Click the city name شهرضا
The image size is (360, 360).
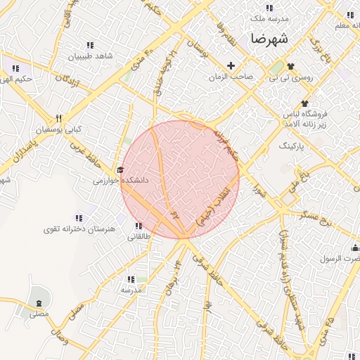tap(268, 39)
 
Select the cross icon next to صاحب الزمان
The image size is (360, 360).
tap(231, 65)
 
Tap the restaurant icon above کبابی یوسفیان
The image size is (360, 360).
tap(59, 118)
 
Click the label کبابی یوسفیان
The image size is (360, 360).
tap(59, 129)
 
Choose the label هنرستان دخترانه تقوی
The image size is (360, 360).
tap(70, 229)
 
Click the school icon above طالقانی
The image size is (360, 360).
tap(138, 226)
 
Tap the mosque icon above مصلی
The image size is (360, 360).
tap(37, 303)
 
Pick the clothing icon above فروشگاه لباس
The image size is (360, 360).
tap(305, 103)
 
